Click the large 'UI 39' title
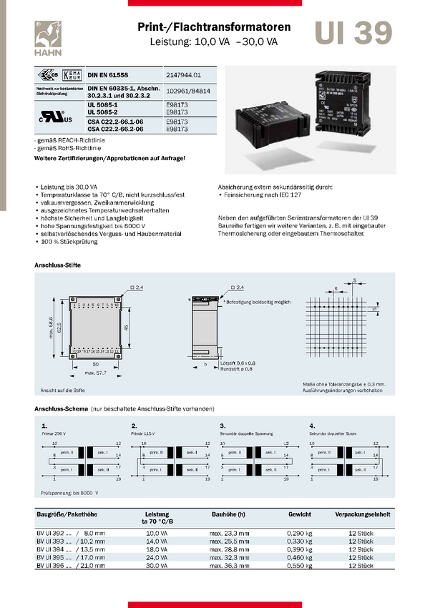tap(353, 33)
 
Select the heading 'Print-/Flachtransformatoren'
tap(214, 27)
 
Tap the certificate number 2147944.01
tap(182, 74)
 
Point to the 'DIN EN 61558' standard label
tap(108, 74)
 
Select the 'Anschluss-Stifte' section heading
tap(58, 265)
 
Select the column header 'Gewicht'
tap(299, 514)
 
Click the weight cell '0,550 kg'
tap(299, 565)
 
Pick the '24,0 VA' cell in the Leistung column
tap(157, 557)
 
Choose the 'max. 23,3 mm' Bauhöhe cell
tap(229, 534)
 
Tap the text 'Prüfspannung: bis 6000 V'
tap(69, 492)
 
